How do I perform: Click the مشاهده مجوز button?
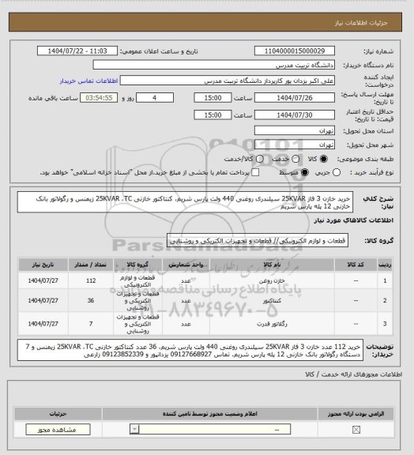pos(38,429)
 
